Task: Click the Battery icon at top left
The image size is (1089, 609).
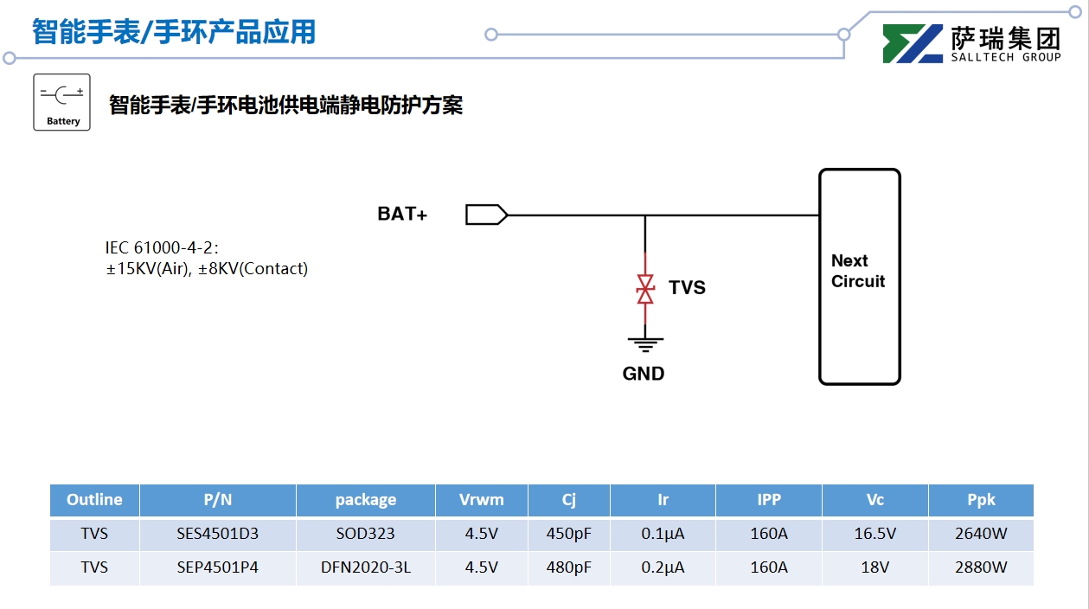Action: click(x=61, y=102)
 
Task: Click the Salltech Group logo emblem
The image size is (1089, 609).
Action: click(x=913, y=44)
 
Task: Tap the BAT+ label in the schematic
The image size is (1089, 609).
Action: click(x=402, y=214)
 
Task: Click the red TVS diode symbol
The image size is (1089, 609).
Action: click(x=645, y=289)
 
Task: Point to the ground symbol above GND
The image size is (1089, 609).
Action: click(x=644, y=343)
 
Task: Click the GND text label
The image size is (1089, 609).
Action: click(x=644, y=374)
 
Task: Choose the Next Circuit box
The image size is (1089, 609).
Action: click(x=859, y=276)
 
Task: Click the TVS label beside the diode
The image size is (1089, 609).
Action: click(x=687, y=288)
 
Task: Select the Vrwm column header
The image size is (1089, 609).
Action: click(x=481, y=500)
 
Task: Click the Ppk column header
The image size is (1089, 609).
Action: click(x=981, y=500)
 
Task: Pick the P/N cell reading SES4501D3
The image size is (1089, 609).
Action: click(x=217, y=534)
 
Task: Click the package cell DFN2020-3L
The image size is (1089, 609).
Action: click(x=365, y=567)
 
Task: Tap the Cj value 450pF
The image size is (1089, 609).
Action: click(x=568, y=534)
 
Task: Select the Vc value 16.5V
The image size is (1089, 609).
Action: click(x=874, y=534)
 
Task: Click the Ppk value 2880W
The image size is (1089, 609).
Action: click(x=981, y=567)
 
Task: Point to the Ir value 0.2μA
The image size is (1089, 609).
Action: click(x=663, y=567)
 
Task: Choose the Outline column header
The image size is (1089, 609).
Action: click(x=94, y=500)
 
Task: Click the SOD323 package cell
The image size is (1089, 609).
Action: click(x=365, y=534)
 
